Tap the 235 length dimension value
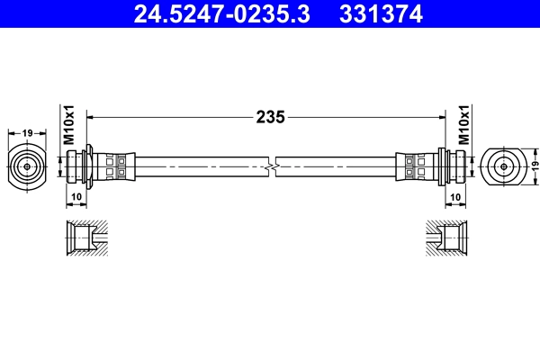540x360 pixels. [270, 116]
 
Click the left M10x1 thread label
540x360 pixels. [68, 125]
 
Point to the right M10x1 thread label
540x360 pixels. [464, 125]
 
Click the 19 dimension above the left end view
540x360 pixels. [27, 132]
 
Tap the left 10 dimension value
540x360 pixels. [76, 196]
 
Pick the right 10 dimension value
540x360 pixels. [455, 196]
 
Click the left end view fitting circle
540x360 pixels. [27, 166]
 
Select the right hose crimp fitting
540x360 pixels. [418, 166]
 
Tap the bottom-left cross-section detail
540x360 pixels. [87, 238]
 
